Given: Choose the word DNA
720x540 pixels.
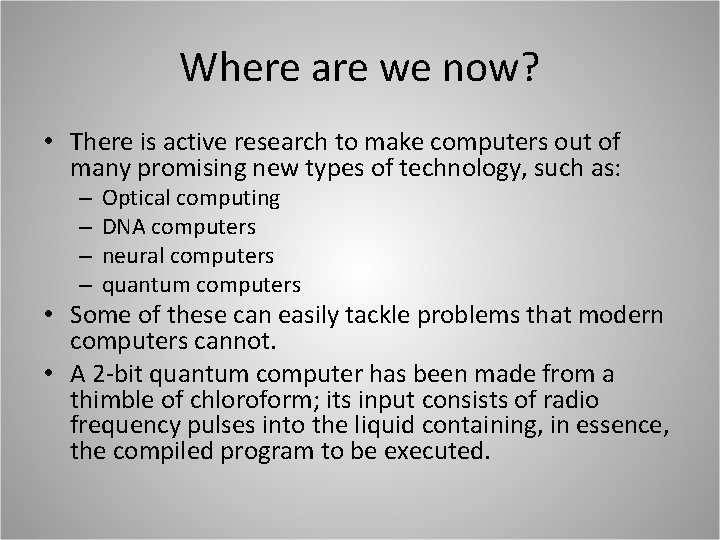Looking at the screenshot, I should (120, 227).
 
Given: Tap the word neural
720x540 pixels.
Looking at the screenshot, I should (128, 255).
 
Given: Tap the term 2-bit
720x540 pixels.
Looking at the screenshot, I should (118, 373).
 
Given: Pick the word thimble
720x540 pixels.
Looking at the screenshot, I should (109, 401).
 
